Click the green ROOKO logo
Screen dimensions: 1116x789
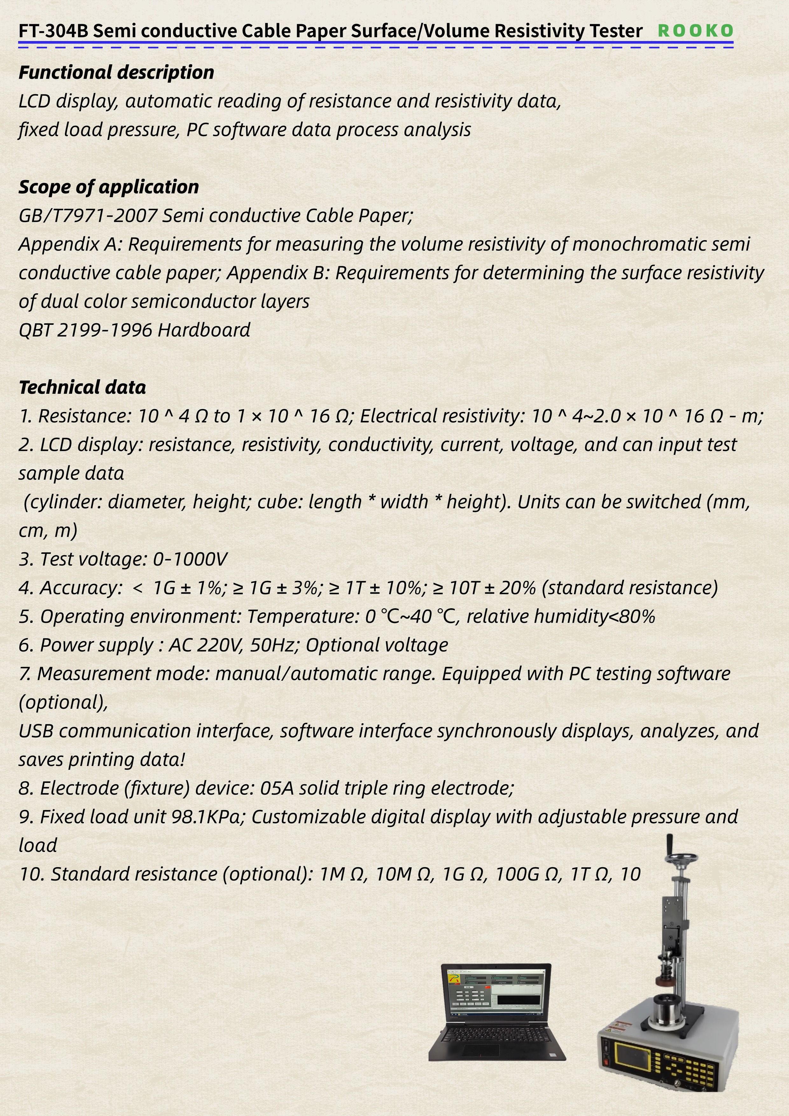(695, 30)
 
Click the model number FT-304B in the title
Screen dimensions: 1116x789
(53, 31)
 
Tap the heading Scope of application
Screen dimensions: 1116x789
(108, 187)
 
